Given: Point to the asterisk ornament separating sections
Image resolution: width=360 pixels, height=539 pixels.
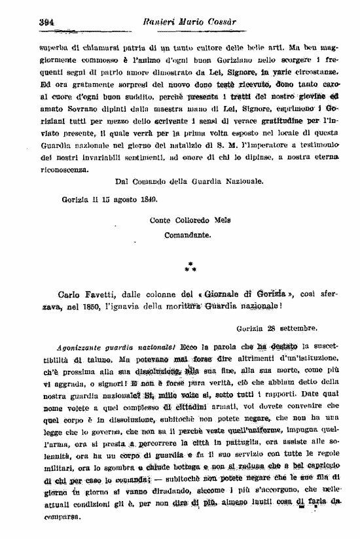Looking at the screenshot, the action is coord(190,266).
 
